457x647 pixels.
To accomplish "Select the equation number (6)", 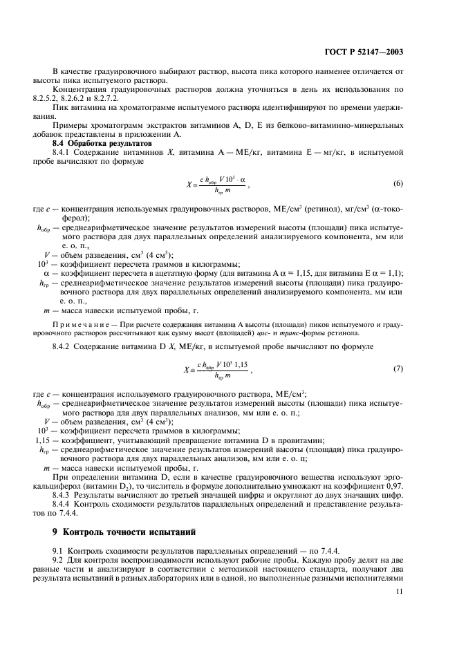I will (398, 183).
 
